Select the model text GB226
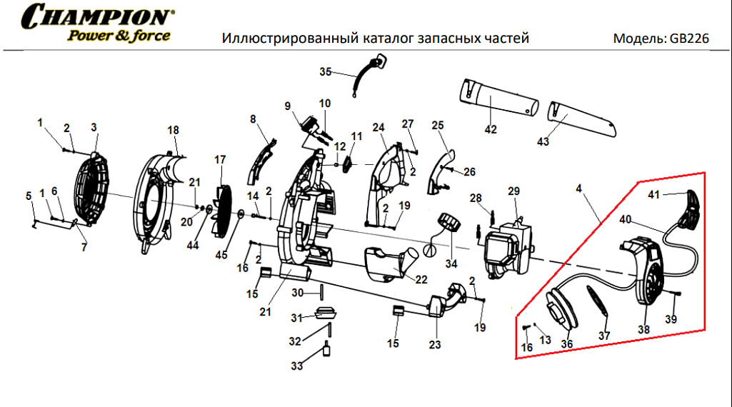pos(689,38)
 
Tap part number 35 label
pos(326,71)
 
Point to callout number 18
pos(173,131)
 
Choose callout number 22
pos(421,279)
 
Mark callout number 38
pos(644,329)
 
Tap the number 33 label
pos(296,366)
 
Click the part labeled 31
pos(326,313)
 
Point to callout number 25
pos(438,125)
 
